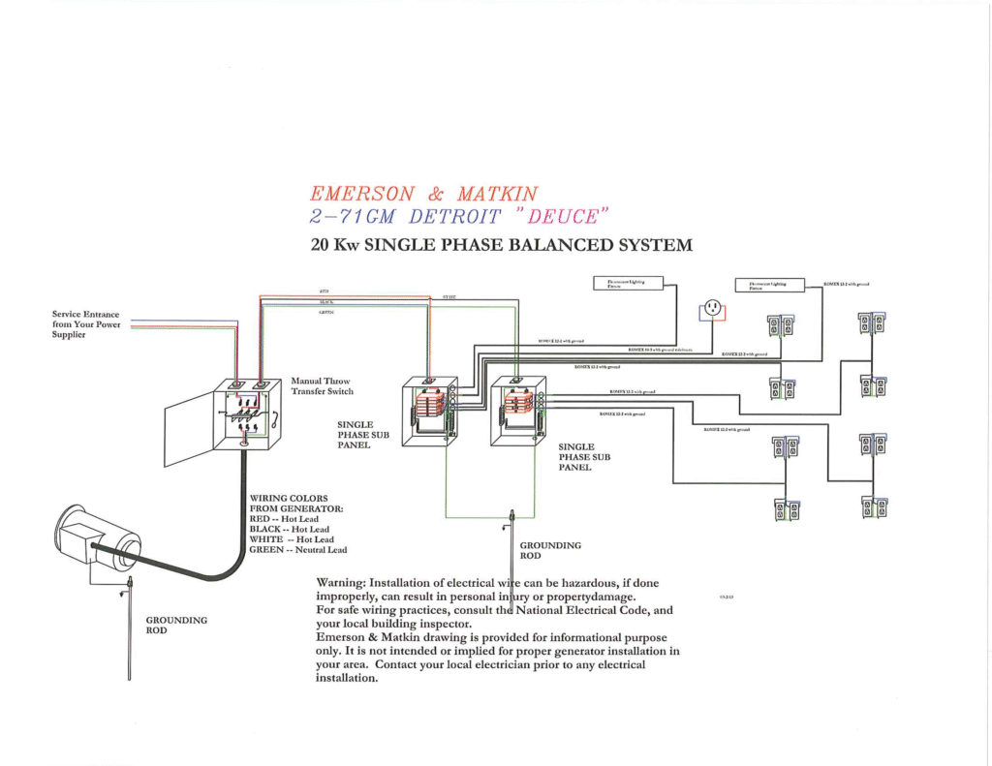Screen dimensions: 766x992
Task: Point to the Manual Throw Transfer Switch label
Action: coord(322,386)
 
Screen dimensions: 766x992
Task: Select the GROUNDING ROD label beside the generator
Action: coord(176,625)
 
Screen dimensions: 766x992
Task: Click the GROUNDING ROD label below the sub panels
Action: coord(550,550)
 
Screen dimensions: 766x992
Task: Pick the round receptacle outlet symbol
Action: coord(713,307)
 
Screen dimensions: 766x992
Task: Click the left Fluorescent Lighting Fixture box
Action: coord(628,283)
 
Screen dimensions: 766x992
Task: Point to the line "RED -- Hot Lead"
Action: coord(283,519)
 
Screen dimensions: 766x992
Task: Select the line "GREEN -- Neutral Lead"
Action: coord(297,549)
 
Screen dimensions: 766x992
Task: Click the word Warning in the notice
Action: coord(341,582)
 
